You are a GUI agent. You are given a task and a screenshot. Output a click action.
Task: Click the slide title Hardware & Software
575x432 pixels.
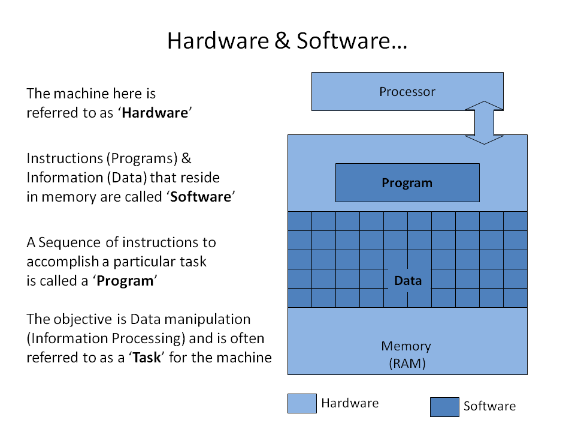click(x=287, y=40)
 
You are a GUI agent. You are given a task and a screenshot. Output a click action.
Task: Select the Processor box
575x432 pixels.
click(x=407, y=92)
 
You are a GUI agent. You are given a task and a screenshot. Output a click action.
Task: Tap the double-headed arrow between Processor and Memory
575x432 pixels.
click(x=484, y=122)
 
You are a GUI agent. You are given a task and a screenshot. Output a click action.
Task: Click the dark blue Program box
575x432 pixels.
click(x=407, y=183)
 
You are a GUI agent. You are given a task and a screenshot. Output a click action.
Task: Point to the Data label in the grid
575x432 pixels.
click(x=407, y=280)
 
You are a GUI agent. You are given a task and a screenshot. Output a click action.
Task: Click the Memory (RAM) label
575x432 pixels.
click(x=406, y=354)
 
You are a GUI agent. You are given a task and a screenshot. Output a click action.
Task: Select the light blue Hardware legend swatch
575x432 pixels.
click(x=302, y=403)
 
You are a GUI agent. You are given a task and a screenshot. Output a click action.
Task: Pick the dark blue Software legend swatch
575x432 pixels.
click(x=444, y=406)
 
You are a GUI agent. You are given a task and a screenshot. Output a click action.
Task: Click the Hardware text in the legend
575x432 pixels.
click(x=350, y=403)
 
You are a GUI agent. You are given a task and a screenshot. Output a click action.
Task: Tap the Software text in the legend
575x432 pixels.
click(x=489, y=406)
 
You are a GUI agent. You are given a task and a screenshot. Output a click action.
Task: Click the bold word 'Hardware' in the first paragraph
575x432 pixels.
click(x=155, y=113)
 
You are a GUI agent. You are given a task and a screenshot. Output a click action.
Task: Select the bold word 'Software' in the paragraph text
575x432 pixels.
click(x=201, y=197)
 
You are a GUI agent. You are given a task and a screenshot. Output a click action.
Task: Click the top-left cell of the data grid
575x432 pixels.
click(x=299, y=221)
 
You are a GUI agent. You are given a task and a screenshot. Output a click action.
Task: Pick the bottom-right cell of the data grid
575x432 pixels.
click(x=515, y=298)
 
